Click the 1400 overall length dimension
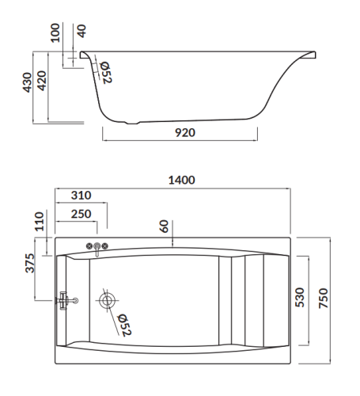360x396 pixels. coord(181,181)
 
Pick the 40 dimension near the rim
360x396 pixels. coord(82,32)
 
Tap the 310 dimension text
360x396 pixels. coord(81,196)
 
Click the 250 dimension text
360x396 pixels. coord(79,214)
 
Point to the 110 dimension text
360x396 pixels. coord(40,223)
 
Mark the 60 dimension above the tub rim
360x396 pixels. coord(163,226)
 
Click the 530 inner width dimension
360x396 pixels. coord(299,298)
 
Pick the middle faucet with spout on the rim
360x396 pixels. coord(97,249)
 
